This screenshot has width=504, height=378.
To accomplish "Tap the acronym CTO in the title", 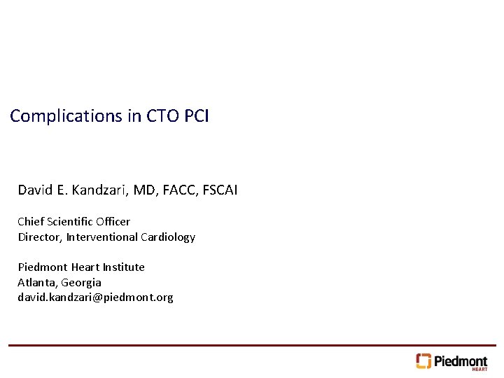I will pos(163,116).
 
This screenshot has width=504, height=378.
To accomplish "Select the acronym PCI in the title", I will pos(197,116).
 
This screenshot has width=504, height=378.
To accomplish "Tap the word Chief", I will pos(30,222).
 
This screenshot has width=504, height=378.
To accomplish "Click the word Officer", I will pos(113,222).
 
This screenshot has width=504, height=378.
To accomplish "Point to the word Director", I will pos(40,237).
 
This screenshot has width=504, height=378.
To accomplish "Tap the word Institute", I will pos(124,267).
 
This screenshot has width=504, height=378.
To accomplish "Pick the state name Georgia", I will pos(81,283).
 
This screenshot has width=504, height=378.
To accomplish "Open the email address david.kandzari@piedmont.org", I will pos(95,297).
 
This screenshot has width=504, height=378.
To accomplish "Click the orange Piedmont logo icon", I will pos(423,360).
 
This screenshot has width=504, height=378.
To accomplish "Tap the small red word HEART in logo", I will pos(479,369).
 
